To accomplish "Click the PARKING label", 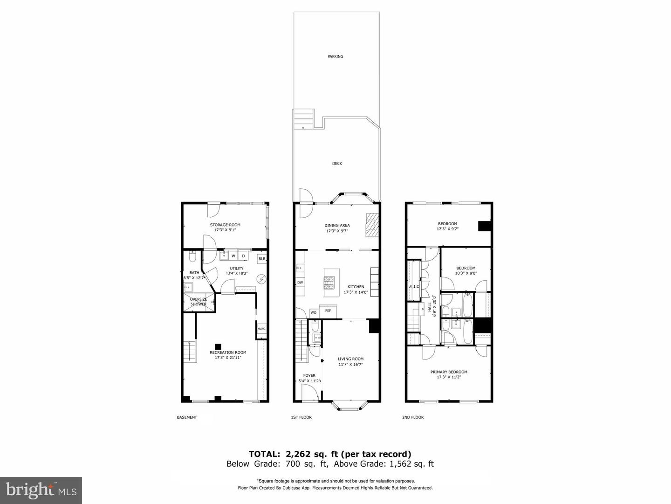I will (335, 56).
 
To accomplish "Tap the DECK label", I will (337, 164).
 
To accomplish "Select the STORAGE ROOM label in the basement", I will (225, 225).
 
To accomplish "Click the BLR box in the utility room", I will (262, 259).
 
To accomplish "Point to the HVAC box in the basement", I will (261, 329).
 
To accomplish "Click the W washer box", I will (233, 256).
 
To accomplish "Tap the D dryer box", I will (243, 256).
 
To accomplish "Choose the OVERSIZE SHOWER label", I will (198, 302).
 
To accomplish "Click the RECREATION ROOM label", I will (228, 352).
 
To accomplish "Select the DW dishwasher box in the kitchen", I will (300, 283).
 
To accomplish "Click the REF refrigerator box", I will (328, 311).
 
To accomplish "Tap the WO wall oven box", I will (314, 312).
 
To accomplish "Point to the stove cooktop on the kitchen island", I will (329, 281).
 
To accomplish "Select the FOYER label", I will (309, 375).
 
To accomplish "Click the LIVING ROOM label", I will (350, 359).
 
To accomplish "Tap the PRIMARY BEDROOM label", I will (449, 372).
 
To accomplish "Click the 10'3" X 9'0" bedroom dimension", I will (466, 274).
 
